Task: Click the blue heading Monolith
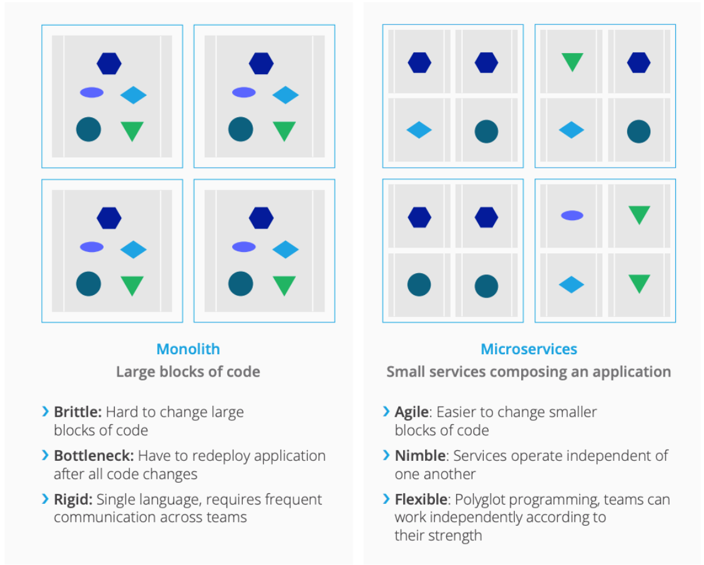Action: coord(188,349)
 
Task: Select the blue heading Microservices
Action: coord(529,349)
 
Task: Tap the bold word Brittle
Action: coord(77,412)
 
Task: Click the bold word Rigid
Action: coord(73,500)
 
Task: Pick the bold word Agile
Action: coord(412,412)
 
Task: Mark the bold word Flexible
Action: coord(421,500)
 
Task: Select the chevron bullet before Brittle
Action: coord(46,412)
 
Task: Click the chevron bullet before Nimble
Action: coord(386,455)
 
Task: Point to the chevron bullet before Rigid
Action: coord(46,499)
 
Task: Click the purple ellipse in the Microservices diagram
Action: coord(572,216)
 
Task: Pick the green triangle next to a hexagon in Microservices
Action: coord(572,62)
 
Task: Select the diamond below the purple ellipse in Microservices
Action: coord(572,285)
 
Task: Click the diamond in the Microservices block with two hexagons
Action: coord(419,130)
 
